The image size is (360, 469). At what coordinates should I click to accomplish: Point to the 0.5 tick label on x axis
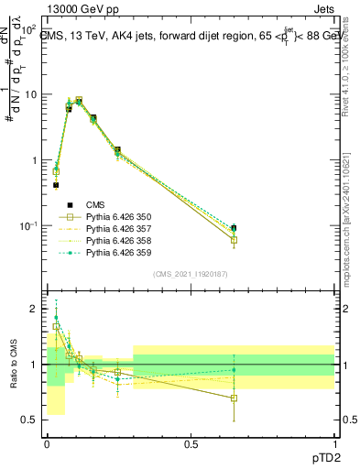pos(190,444)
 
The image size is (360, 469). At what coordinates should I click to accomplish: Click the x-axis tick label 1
pos(333,444)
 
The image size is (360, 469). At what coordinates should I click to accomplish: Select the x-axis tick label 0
pos(47,444)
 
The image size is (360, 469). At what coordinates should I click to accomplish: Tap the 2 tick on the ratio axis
pos(34,310)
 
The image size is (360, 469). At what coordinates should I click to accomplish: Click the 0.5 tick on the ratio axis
pos(29,420)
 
